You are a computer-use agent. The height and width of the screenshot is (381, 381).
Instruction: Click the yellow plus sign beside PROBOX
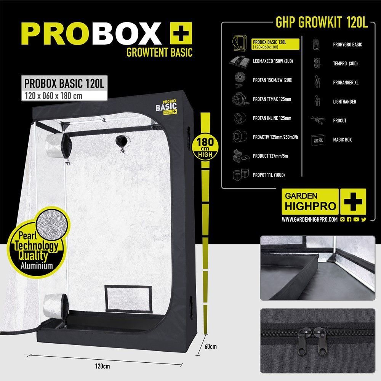click(x=181, y=33)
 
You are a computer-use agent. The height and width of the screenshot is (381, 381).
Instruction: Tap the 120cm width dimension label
click(x=102, y=366)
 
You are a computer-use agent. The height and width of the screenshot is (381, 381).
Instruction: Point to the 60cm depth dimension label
click(x=210, y=346)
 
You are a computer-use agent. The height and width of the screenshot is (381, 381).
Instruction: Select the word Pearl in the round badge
click(x=28, y=235)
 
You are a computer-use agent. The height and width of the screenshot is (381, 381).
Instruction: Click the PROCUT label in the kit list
click(x=340, y=120)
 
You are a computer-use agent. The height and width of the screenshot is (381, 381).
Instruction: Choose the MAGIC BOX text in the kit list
click(x=343, y=140)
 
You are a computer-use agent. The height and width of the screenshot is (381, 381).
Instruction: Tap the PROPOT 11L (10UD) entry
click(x=269, y=175)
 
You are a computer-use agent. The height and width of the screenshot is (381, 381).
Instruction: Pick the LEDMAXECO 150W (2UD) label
click(x=273, y=61)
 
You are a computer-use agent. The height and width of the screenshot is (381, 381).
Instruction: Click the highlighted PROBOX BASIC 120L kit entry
click(x=275, y=44)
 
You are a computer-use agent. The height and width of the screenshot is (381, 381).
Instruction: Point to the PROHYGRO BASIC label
click(x=347, y=45)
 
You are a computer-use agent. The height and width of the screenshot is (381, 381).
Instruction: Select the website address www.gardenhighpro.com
click(x=309, y=220)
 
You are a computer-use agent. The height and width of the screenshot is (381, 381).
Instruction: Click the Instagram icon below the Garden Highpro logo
click(x=343, y=219)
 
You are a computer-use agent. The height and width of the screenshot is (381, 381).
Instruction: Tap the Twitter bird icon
click(x=363, y=219)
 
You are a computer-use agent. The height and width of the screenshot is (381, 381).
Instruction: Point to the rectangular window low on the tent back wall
click(x=128, y=299)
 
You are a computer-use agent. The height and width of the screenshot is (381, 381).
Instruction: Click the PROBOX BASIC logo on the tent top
click(x=166, y=107)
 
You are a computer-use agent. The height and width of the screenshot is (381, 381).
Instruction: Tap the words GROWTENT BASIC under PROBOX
click(x=159, y=53)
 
